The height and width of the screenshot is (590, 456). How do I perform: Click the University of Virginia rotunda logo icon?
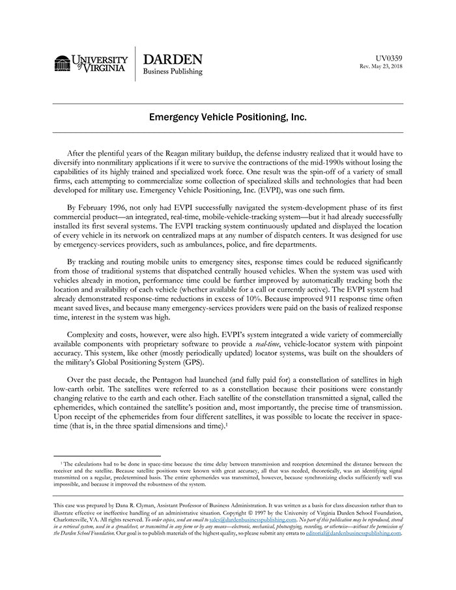[62, 63]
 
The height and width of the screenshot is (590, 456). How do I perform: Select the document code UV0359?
[390, 58]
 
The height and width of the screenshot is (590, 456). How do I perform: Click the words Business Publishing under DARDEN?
[173, 72]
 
